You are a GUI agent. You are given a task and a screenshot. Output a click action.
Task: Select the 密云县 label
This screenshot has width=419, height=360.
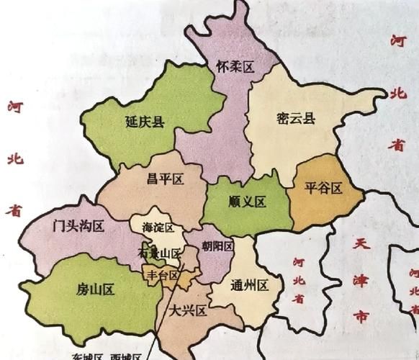296,120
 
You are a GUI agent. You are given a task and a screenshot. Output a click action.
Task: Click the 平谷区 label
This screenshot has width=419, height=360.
323,189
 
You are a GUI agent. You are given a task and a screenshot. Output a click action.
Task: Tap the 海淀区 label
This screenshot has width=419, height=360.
158,229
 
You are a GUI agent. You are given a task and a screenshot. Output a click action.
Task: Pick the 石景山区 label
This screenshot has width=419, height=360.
158,253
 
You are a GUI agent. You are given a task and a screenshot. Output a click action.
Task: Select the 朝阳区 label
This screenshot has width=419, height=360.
218,247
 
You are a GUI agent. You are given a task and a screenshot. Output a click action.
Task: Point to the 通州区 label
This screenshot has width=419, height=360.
248,286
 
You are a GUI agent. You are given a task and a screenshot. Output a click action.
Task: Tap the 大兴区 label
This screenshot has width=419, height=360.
189,311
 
